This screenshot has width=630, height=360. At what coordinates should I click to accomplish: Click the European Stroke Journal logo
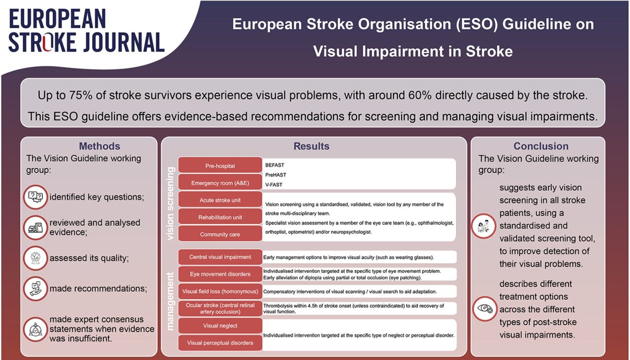(86, 30)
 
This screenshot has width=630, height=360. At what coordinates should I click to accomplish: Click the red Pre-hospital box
(220, 166)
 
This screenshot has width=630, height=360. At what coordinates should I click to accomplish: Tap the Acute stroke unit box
(220, 200)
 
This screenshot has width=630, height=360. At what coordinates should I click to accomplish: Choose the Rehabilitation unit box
(220, 217)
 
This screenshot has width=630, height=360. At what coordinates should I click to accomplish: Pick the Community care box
(220, 234)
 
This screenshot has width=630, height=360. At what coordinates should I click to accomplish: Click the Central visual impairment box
(220, 257)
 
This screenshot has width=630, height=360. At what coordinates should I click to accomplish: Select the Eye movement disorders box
(220, 274)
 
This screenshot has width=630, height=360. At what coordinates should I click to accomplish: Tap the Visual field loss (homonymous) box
(220, 291)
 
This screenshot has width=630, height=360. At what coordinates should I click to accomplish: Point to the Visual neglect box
(220, 326)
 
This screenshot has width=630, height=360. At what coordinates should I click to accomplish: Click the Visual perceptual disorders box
(220, 342)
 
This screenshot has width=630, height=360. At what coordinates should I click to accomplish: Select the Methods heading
(99, 146)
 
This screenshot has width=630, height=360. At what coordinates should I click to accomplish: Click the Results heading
(311, 146)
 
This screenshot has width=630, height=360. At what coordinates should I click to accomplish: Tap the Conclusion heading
(540, 146)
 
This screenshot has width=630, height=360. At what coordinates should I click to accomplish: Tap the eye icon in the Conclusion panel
(484, 309)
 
